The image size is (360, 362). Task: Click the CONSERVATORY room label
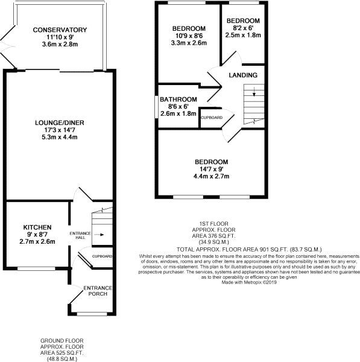pos(60,30)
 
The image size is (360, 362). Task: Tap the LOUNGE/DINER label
pos(59,123)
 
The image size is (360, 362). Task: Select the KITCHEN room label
pos(34,228)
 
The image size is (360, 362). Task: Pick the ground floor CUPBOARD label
pos(102,256)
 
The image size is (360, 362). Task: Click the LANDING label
pos(243,75)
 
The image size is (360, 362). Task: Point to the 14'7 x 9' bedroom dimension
pos(211,169)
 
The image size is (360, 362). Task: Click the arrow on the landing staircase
pos(254,93)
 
